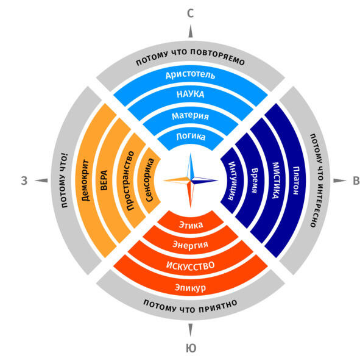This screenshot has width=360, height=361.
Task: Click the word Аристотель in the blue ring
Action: [190, 75]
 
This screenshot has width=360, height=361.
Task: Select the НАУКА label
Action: [190, 94]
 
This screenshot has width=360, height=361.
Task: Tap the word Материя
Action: [190, 116]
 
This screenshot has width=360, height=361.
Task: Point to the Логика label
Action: [191, 137]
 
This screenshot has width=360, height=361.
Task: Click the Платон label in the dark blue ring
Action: [296, 180]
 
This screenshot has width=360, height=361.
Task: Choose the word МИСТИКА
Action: [275, 180]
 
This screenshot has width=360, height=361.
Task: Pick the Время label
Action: [254, 180]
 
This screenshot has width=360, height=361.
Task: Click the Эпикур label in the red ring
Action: [190, 288]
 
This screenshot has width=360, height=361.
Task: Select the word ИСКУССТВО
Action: [190, 265]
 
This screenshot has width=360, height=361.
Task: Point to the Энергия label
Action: [190, 245]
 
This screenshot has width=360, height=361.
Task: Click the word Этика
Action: [191, 224]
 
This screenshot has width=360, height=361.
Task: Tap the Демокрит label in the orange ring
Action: [85, 180]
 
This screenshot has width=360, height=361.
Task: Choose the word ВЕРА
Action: [104, 180]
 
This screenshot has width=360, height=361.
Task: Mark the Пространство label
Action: [130, 180]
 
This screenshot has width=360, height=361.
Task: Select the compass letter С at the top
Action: [190, 13]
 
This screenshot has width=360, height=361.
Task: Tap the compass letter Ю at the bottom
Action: [191, 348]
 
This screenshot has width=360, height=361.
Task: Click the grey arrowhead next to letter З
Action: [41, 180]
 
